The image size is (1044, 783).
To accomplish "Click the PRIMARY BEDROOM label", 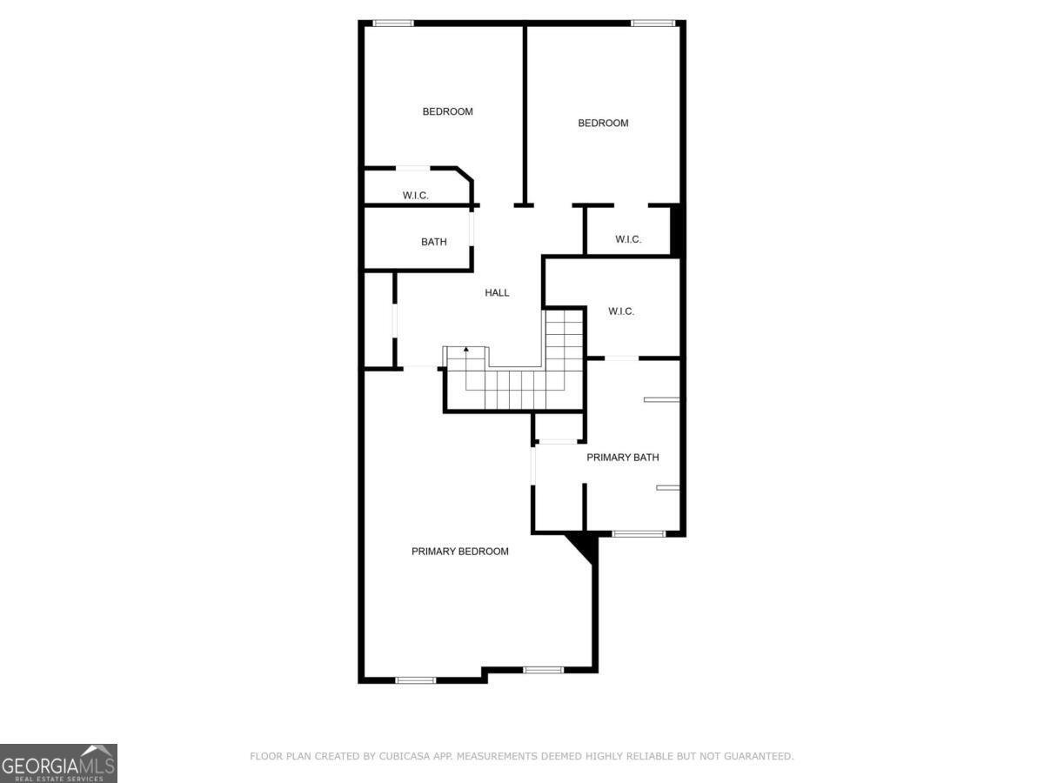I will pyautogui.click(x=459, y=552).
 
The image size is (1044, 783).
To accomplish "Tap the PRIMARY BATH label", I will pyautogui.click(x=622, y=458).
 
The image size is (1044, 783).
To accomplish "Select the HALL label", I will pyautogui.click(x=497, y=293).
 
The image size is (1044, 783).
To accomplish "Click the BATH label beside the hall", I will pyautogui.click(x=433, y=242).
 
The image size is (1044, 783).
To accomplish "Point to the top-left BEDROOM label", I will pyautogui.click(x=447, y=111).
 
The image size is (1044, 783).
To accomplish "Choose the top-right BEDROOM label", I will pyautogui.click(x=603, y=124).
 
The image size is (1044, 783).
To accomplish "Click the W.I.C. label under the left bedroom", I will pyautogui.click(x=415, y=196).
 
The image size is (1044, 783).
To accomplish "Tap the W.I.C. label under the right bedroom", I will pyautogui.click(x=628, y=239).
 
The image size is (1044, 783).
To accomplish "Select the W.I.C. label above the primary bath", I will pyautogui.click(x=621, y=311).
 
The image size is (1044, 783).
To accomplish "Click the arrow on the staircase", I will pyautogui.click(x=466, y=351).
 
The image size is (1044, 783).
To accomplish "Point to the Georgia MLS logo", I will pyautogui.click(x=58, y=763).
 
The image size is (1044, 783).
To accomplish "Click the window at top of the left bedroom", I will pyautogui.click(x=392, y=23).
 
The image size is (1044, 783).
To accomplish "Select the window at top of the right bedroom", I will pyautogui.click(x=652, y=23).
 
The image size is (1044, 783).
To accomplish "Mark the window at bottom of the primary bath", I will pyautogui.click(x=638, y=533).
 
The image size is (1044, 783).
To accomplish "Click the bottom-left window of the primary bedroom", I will pyautogui.click(x=415, y=679).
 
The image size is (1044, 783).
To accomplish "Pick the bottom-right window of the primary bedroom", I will pyautogui.click(x=544, y=670).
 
